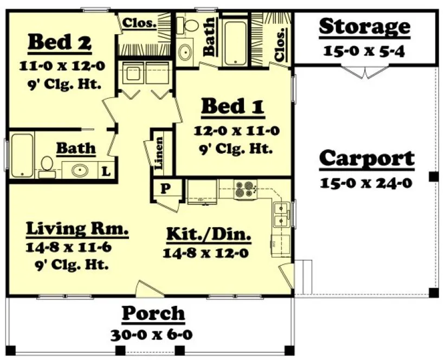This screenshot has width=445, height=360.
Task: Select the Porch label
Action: [x=153, y=314]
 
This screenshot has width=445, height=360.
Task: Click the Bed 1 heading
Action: [x=233, y=107]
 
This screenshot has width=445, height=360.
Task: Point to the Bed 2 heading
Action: [x=60, y=42]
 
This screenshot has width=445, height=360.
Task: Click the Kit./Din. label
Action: [x=209, y=235]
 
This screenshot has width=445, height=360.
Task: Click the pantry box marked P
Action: [x=164, y=189]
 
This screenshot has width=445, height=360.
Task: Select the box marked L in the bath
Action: [x=106, y=171]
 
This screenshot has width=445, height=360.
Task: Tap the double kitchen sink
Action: [x=281, y=214]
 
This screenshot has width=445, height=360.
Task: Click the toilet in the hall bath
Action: [x=47, y=164]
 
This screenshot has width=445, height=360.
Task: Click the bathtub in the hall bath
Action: [x=22, y=155]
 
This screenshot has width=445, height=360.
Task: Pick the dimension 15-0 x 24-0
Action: [x=366, y=183]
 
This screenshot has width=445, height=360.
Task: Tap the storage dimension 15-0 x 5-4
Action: [x=364, y=52]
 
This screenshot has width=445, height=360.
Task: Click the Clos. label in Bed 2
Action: [x=139, y=23]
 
